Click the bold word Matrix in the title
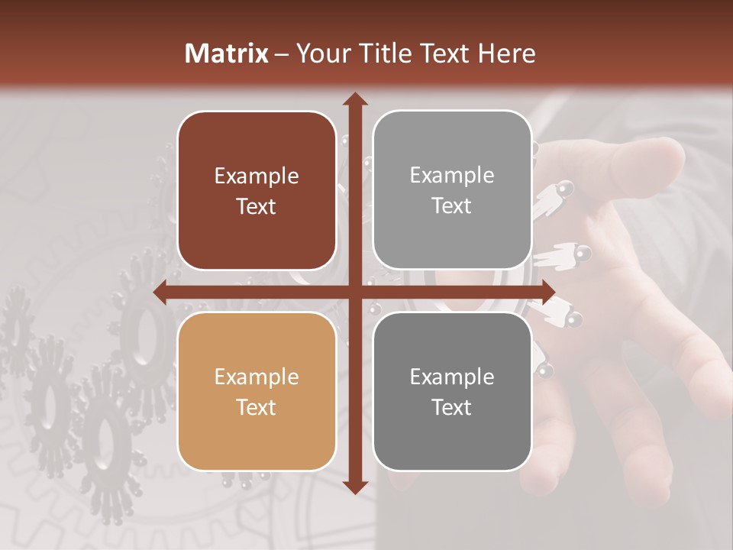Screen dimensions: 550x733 point(227,53)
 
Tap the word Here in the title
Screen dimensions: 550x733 point(506,53)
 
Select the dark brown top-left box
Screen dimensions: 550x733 point(257,191)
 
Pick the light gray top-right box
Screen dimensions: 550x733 point(452,190)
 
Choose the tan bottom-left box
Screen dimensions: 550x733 point(257,391)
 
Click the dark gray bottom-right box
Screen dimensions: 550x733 point(452,391)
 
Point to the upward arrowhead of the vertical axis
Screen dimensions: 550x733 point(354,100)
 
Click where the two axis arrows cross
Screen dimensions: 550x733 point(354,293)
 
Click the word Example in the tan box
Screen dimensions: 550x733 point(257,377)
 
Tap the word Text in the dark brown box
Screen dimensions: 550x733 point(257,207)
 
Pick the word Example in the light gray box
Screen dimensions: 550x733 point(452,175)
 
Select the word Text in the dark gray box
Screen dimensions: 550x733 point(452,407)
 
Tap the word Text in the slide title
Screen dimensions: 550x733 point(445,53)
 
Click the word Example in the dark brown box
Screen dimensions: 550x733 point(257,176)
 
